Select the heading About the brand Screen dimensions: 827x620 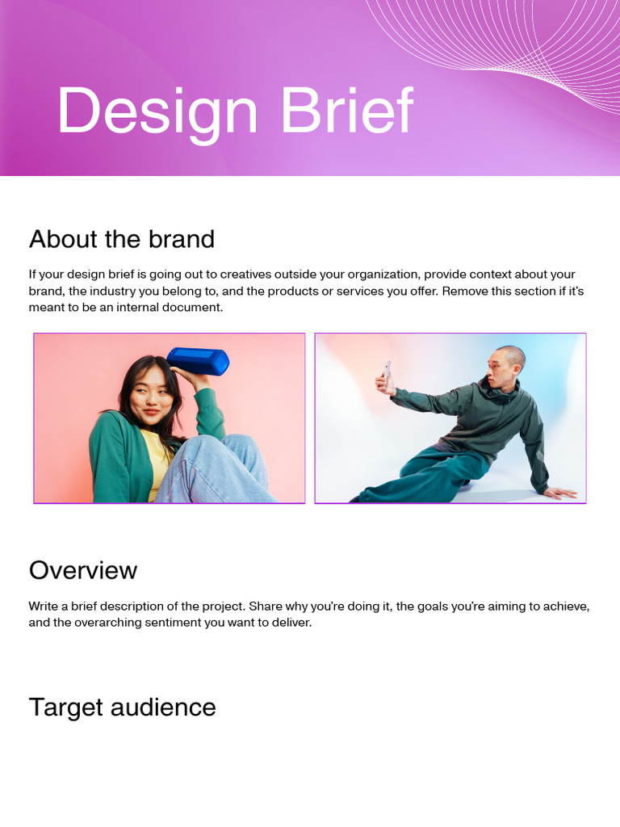(x=122, y=239)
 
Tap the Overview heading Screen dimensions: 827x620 (x=83, y=570)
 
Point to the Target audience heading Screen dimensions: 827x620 (x=123, y=707)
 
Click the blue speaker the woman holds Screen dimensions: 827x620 (x=198, y=361)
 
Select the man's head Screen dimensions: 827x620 (x=505, y=367)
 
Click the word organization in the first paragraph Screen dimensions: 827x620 (x=381, y=275)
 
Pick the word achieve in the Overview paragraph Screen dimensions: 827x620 (x=564, y=607)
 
